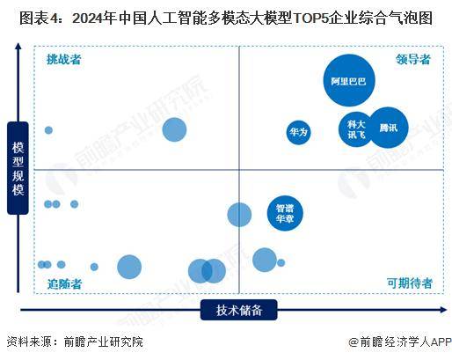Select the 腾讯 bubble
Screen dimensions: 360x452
point(388,128)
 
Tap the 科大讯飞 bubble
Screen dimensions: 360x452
point(356,129)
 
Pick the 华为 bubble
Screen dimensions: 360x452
point(298,132)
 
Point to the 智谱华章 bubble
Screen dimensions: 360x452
point(284,212)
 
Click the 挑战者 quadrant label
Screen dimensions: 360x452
point(65,59)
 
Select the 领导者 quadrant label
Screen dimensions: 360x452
point(413,59)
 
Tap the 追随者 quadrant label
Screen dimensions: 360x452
point(65,283)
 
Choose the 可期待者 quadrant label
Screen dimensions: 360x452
point(409,283)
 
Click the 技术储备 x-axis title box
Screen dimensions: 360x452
point(239,309)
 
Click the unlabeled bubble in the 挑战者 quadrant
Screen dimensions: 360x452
point(174,130)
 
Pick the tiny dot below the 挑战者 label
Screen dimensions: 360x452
point(48,130)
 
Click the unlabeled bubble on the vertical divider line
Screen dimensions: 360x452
point(239,215)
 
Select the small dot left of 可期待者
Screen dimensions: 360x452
point(281,262)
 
